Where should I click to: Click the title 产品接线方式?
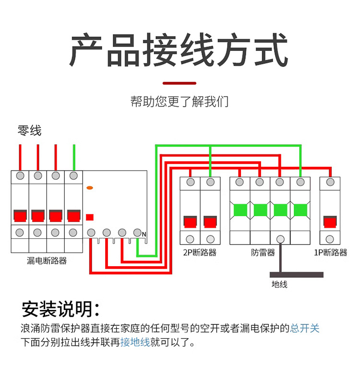[x=179, y=50]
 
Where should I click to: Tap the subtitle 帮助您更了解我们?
[x=180, y=102]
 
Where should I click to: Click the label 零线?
[x=30, y=130]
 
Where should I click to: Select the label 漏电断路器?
[x=47, y=261]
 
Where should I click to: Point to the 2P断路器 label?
[x=200, y=252]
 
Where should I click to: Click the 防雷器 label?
[x=263, y=252]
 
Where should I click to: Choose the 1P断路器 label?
[x=330, y=252]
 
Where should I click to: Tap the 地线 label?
[x=279, y=284]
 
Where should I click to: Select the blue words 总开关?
[x=305, y=328]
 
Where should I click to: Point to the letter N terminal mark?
[x=144, y=234]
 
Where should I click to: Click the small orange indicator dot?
[x=89, y=188]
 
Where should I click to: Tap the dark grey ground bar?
[x=297, y=275]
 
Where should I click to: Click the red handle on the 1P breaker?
[x=330, y=222]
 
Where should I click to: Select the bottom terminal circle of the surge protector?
[x=281, y=239]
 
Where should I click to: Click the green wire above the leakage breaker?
[x=73, y=157]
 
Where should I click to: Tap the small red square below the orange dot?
[x=89, y=217]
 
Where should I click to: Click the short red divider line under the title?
[x=180, y=83]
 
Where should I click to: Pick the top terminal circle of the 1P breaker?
[x=330, y=182]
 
